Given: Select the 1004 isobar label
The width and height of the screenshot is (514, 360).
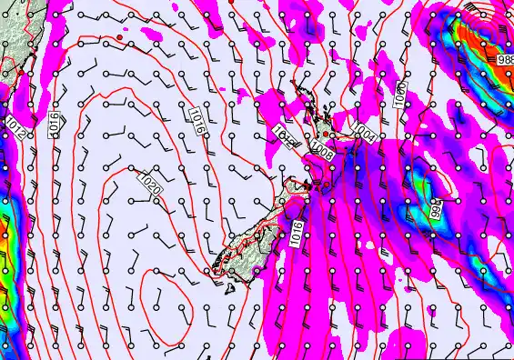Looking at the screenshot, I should pos(366,132).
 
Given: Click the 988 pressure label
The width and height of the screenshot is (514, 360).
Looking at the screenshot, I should pos(505,59).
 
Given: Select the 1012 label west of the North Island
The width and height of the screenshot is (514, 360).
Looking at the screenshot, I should pos(284,135).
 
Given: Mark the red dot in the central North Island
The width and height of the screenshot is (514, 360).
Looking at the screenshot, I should pos(332,136).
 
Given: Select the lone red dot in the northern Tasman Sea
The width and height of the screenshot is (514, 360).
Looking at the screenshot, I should pos(120,40).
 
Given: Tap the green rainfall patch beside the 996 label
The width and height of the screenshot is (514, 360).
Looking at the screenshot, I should pos(424,186).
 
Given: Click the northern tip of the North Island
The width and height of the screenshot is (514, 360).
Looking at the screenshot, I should pos(293,85).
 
